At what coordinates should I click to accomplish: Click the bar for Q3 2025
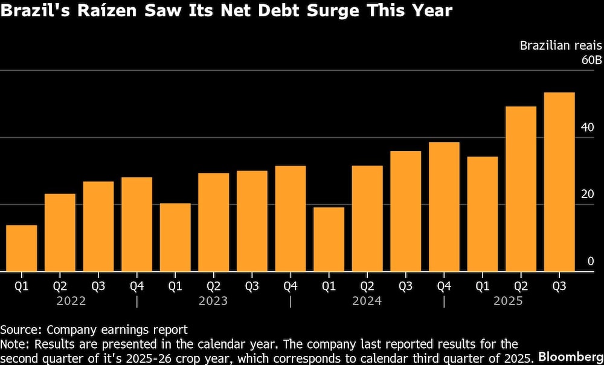559,182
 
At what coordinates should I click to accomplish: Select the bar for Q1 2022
21,248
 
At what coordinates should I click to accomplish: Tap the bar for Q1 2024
329,239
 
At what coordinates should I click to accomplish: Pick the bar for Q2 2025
521,189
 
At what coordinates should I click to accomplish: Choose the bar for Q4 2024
444,207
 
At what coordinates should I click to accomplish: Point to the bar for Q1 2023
175,237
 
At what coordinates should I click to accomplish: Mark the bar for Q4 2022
137,224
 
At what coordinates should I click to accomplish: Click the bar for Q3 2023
252,221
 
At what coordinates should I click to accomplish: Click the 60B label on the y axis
591,61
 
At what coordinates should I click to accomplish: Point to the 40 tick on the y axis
591,128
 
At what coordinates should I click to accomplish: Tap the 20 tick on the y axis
591,194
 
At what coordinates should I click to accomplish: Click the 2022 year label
71,300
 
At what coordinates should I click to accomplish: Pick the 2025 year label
507,300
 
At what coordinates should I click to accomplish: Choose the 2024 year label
367,300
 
